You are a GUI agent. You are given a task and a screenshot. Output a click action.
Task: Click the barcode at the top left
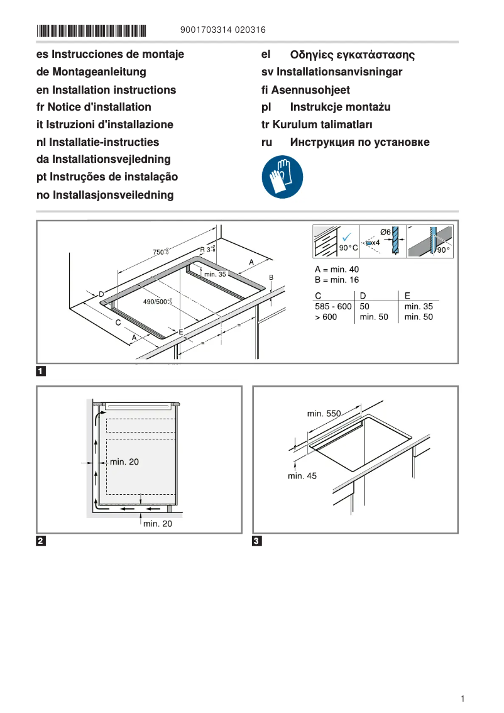[91, 30]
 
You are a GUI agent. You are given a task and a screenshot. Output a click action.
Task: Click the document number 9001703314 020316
[222, 30]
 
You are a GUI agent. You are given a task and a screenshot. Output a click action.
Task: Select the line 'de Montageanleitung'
[91, 72]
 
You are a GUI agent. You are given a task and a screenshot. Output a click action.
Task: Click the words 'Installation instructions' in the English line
[114, 90]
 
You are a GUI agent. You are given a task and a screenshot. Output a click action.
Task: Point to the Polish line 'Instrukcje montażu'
[340, 107]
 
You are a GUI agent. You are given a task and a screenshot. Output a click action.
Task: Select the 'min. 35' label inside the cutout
[214, 274]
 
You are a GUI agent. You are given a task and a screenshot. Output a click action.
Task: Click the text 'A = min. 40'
[337, 270]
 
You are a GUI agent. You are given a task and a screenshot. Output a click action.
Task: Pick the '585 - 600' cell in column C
[332, 306]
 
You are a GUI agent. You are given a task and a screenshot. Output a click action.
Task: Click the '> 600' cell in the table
[326, 317]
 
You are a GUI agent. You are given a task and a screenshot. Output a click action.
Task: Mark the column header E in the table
[407, 295]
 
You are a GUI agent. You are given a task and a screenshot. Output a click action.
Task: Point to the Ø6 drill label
[386, 232]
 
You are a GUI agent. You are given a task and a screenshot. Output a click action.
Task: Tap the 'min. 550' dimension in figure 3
[324, 413]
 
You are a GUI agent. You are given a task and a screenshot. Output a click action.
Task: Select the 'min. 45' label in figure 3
[302, 476]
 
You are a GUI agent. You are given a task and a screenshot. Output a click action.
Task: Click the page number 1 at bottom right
[462, 699]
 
